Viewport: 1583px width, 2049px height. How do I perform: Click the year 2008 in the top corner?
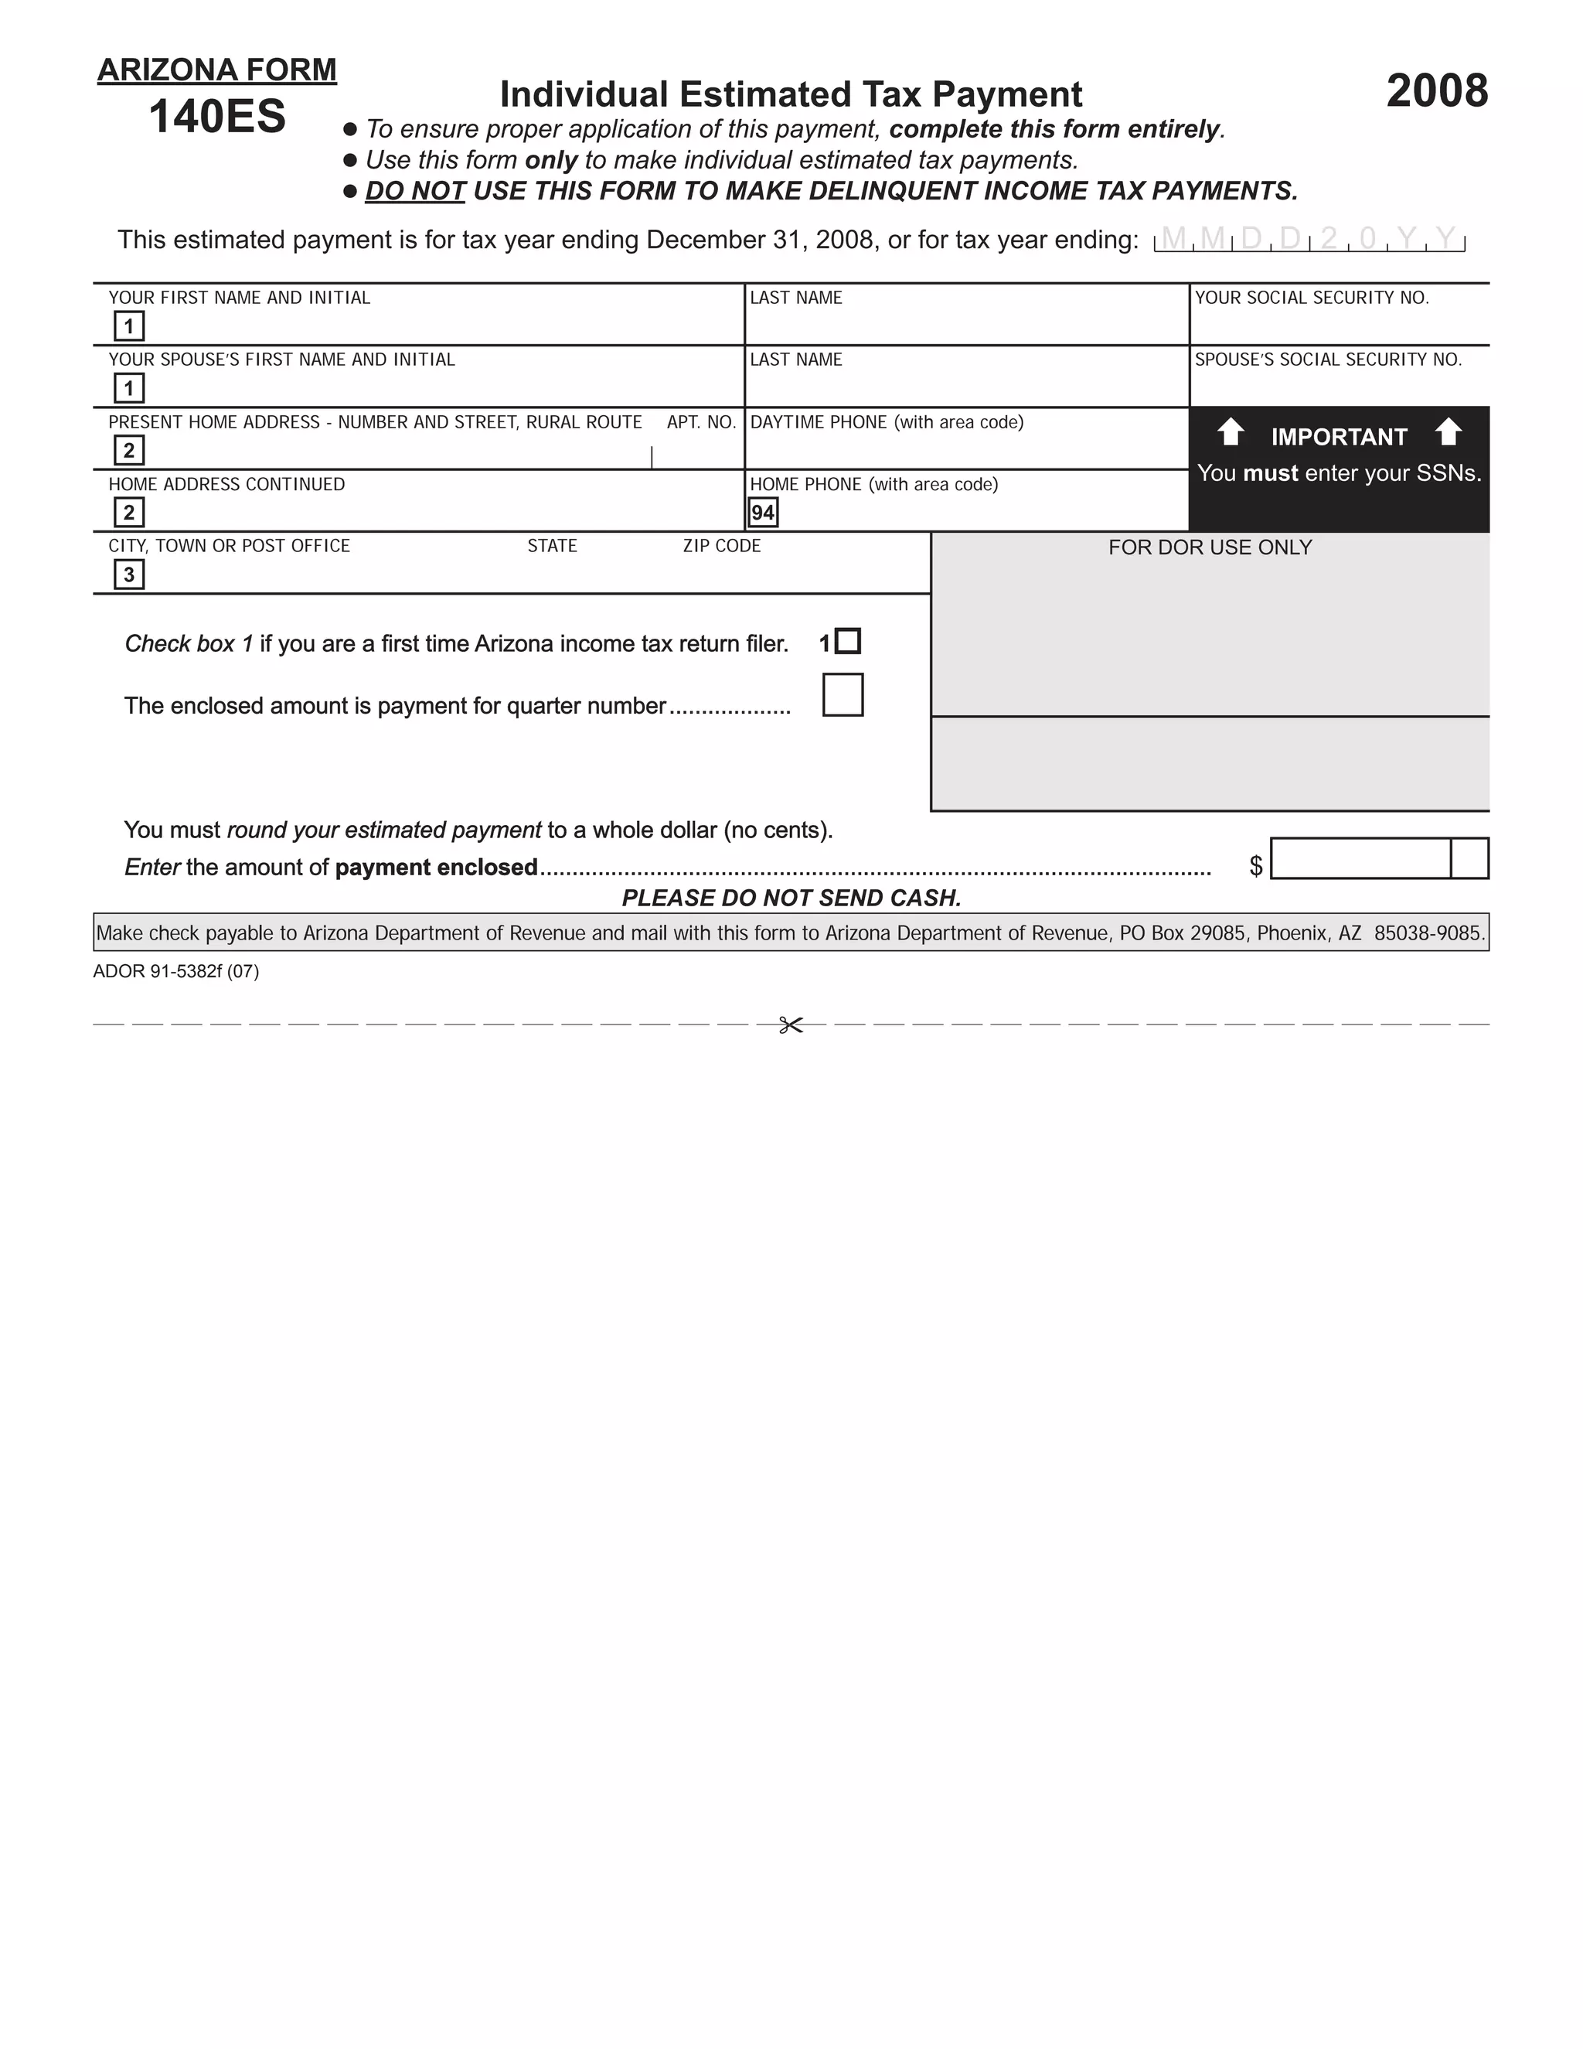pos(1436,92)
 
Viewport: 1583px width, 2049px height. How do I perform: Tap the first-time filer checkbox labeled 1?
pos(848,642)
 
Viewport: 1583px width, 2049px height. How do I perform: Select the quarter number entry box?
pos(843,695)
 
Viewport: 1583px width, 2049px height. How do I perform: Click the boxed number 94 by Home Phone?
pos(762,512)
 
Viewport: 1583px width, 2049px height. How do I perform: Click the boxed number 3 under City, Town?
pos(128,574)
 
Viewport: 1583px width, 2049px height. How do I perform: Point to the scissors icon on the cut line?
pos(791,1025)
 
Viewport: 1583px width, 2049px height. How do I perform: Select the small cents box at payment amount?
pos(1469,858)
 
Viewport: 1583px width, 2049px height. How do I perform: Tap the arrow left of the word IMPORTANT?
pos(1231,434)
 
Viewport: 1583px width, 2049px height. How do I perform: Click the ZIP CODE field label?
pos(721,546)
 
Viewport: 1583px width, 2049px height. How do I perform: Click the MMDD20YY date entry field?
pos(1309,240)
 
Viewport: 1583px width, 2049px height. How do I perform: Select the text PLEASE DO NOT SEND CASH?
pos(791,898)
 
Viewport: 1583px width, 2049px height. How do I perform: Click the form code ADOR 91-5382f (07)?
pos(175,972)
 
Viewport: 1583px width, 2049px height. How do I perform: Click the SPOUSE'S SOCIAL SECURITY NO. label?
pos(1327,360)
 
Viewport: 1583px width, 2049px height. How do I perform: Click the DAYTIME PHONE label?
pos(887,422)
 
